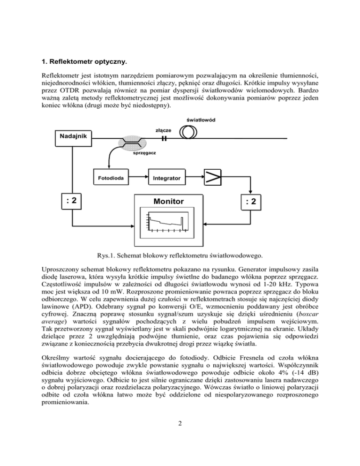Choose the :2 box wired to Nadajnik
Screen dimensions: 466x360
(x=72, y=201)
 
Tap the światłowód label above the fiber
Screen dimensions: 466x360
(x=201, y=120)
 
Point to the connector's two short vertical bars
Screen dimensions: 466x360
(x=164, y=138)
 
